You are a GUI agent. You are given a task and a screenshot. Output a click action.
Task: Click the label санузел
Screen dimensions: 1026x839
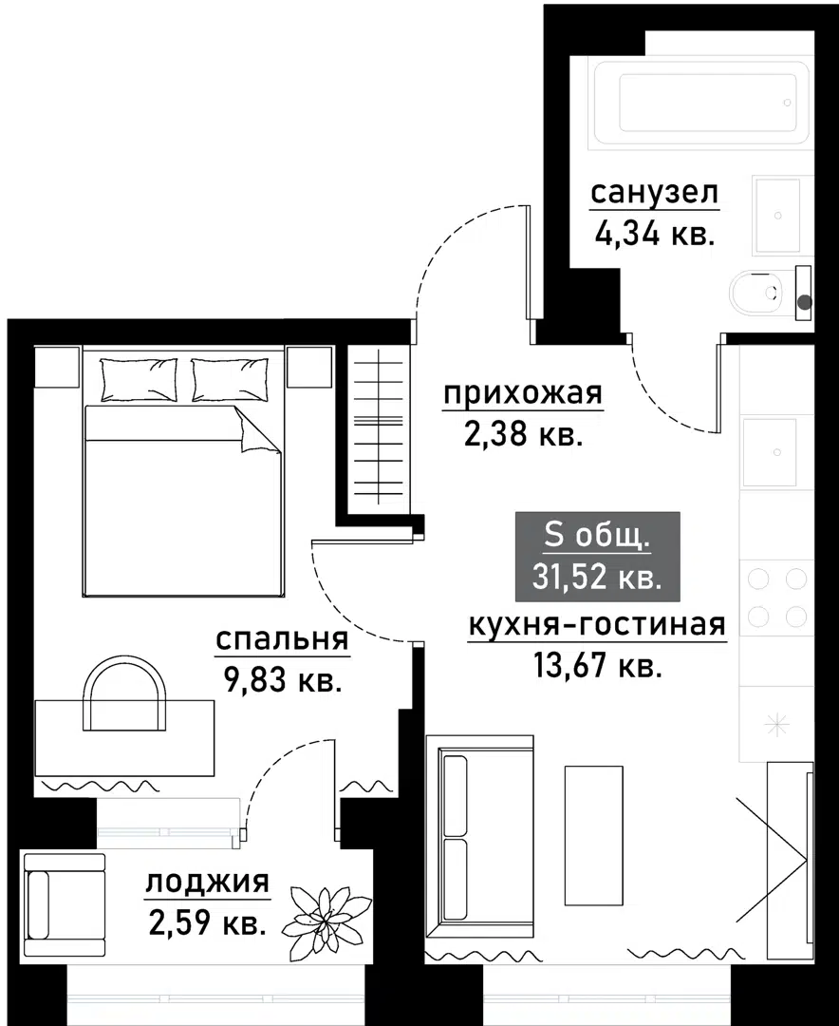tap(655, 193)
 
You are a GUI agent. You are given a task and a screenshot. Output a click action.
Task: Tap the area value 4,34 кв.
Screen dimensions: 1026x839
tap(655, 233)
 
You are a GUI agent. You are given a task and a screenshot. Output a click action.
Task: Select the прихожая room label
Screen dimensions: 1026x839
tap(523, 393)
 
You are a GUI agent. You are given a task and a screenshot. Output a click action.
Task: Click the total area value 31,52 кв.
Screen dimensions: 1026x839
tap(597, 576)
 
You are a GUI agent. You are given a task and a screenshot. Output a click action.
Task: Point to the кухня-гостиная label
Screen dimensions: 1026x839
tap(597, 625)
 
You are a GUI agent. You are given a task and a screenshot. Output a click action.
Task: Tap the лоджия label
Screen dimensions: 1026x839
tap(207, 883)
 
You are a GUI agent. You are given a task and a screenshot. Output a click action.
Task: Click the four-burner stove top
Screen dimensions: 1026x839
tap(776, 598)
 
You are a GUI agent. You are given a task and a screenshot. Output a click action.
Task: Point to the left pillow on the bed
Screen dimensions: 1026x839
tap(139, 379)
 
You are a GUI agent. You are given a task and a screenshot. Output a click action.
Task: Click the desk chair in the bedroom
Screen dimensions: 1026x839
tap(123, 693)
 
